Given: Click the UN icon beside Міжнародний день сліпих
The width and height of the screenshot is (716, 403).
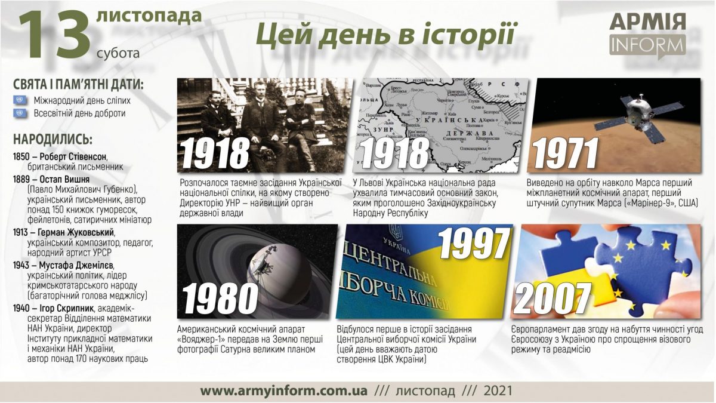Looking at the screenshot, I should click(19, 100).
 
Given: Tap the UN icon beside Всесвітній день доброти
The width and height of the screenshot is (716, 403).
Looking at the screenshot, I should click(19, 113).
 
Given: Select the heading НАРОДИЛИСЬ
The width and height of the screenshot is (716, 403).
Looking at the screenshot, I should click(53, 140).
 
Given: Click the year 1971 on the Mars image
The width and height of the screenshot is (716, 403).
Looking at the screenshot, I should click(566, 153).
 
